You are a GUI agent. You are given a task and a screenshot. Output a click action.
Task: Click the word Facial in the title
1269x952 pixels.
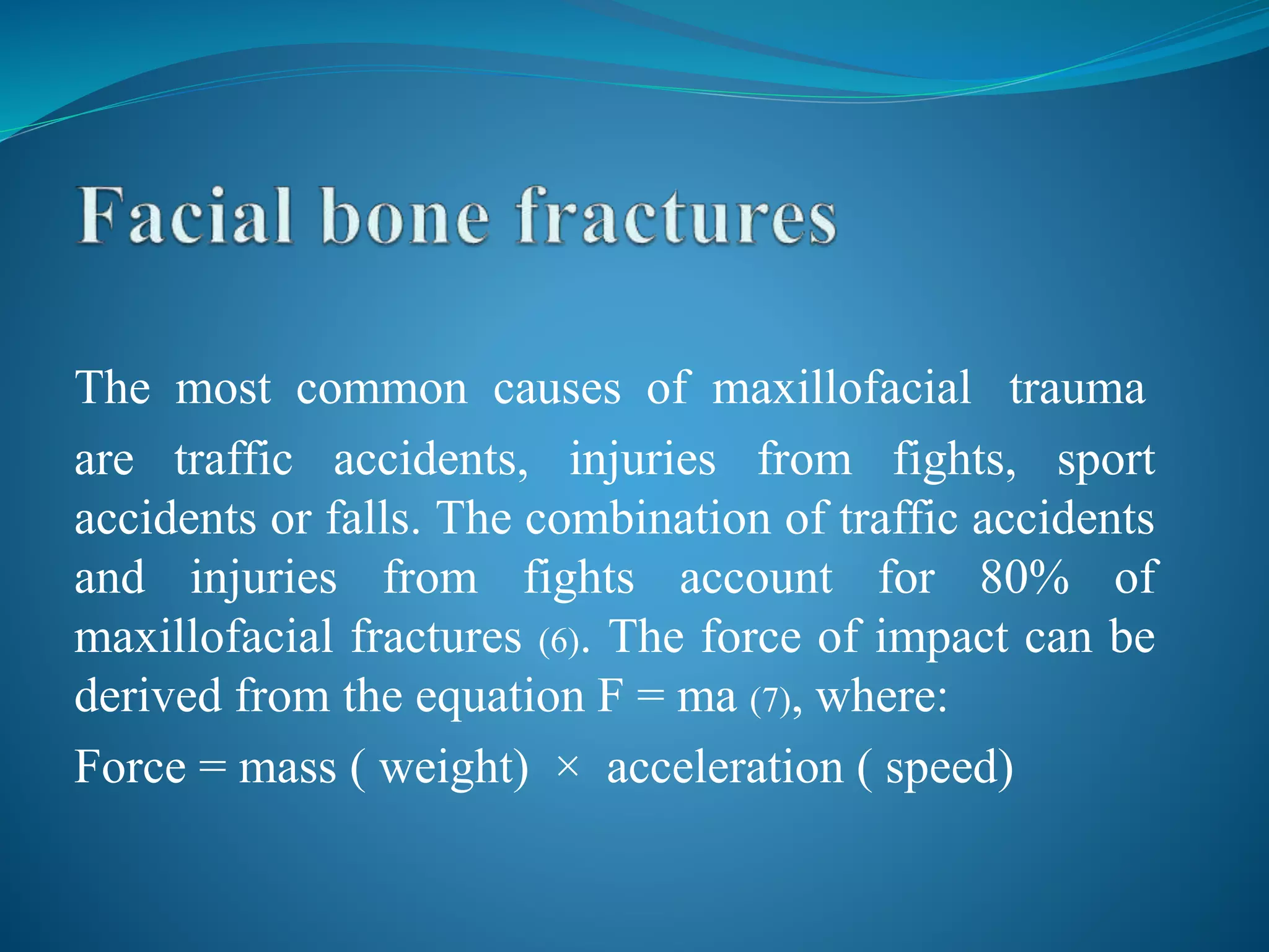click(x=185, y=217)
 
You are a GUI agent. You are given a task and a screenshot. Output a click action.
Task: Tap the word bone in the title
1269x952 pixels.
click(x=406, y=217)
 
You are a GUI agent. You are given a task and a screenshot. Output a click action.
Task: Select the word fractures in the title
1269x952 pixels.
click(x=677, y=217)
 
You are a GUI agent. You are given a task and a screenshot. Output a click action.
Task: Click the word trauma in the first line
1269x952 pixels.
click(x=1077, y=389)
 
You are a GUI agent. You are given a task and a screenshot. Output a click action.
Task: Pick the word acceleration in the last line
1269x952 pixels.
click(x=725, y=767)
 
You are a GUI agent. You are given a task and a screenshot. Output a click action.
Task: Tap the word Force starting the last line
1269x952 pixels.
click(x=130, y=767)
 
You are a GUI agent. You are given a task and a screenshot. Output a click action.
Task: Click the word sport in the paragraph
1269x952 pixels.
click(x=1105, y=461)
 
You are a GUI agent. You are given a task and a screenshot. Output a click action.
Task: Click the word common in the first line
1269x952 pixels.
click(x=382, y=389)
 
